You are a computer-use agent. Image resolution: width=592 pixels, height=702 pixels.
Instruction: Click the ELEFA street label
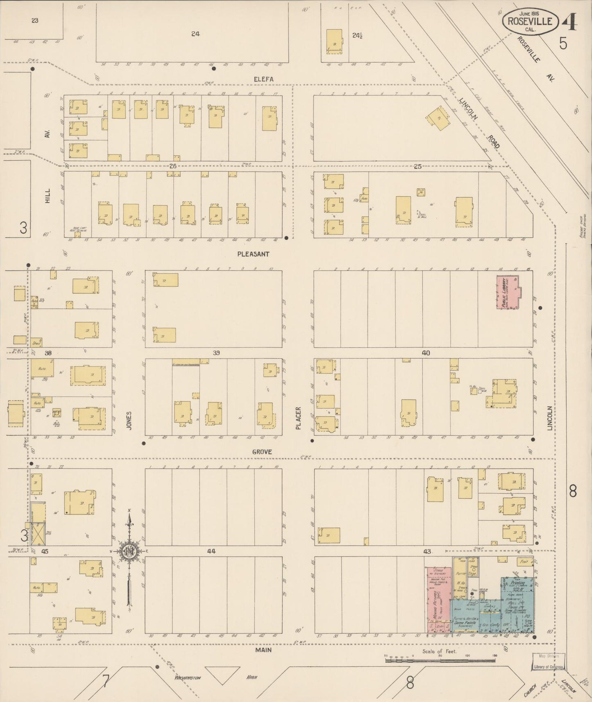click(263, 79)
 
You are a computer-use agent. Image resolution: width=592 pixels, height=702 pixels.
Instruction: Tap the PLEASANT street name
click(253, 254)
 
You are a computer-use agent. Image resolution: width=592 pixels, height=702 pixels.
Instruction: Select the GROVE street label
click(262, 452)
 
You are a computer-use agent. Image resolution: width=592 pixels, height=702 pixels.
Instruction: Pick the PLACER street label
click(298, 418)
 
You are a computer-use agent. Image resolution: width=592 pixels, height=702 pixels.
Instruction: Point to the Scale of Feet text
click(440, 651)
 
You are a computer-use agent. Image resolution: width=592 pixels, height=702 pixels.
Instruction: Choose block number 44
click(211, 551)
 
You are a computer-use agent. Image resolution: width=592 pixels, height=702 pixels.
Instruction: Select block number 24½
click(357, 35)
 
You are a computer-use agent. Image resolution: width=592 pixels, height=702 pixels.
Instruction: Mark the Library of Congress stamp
click(549, 667)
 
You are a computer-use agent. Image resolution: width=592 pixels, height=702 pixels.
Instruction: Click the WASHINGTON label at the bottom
click(188, 677)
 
